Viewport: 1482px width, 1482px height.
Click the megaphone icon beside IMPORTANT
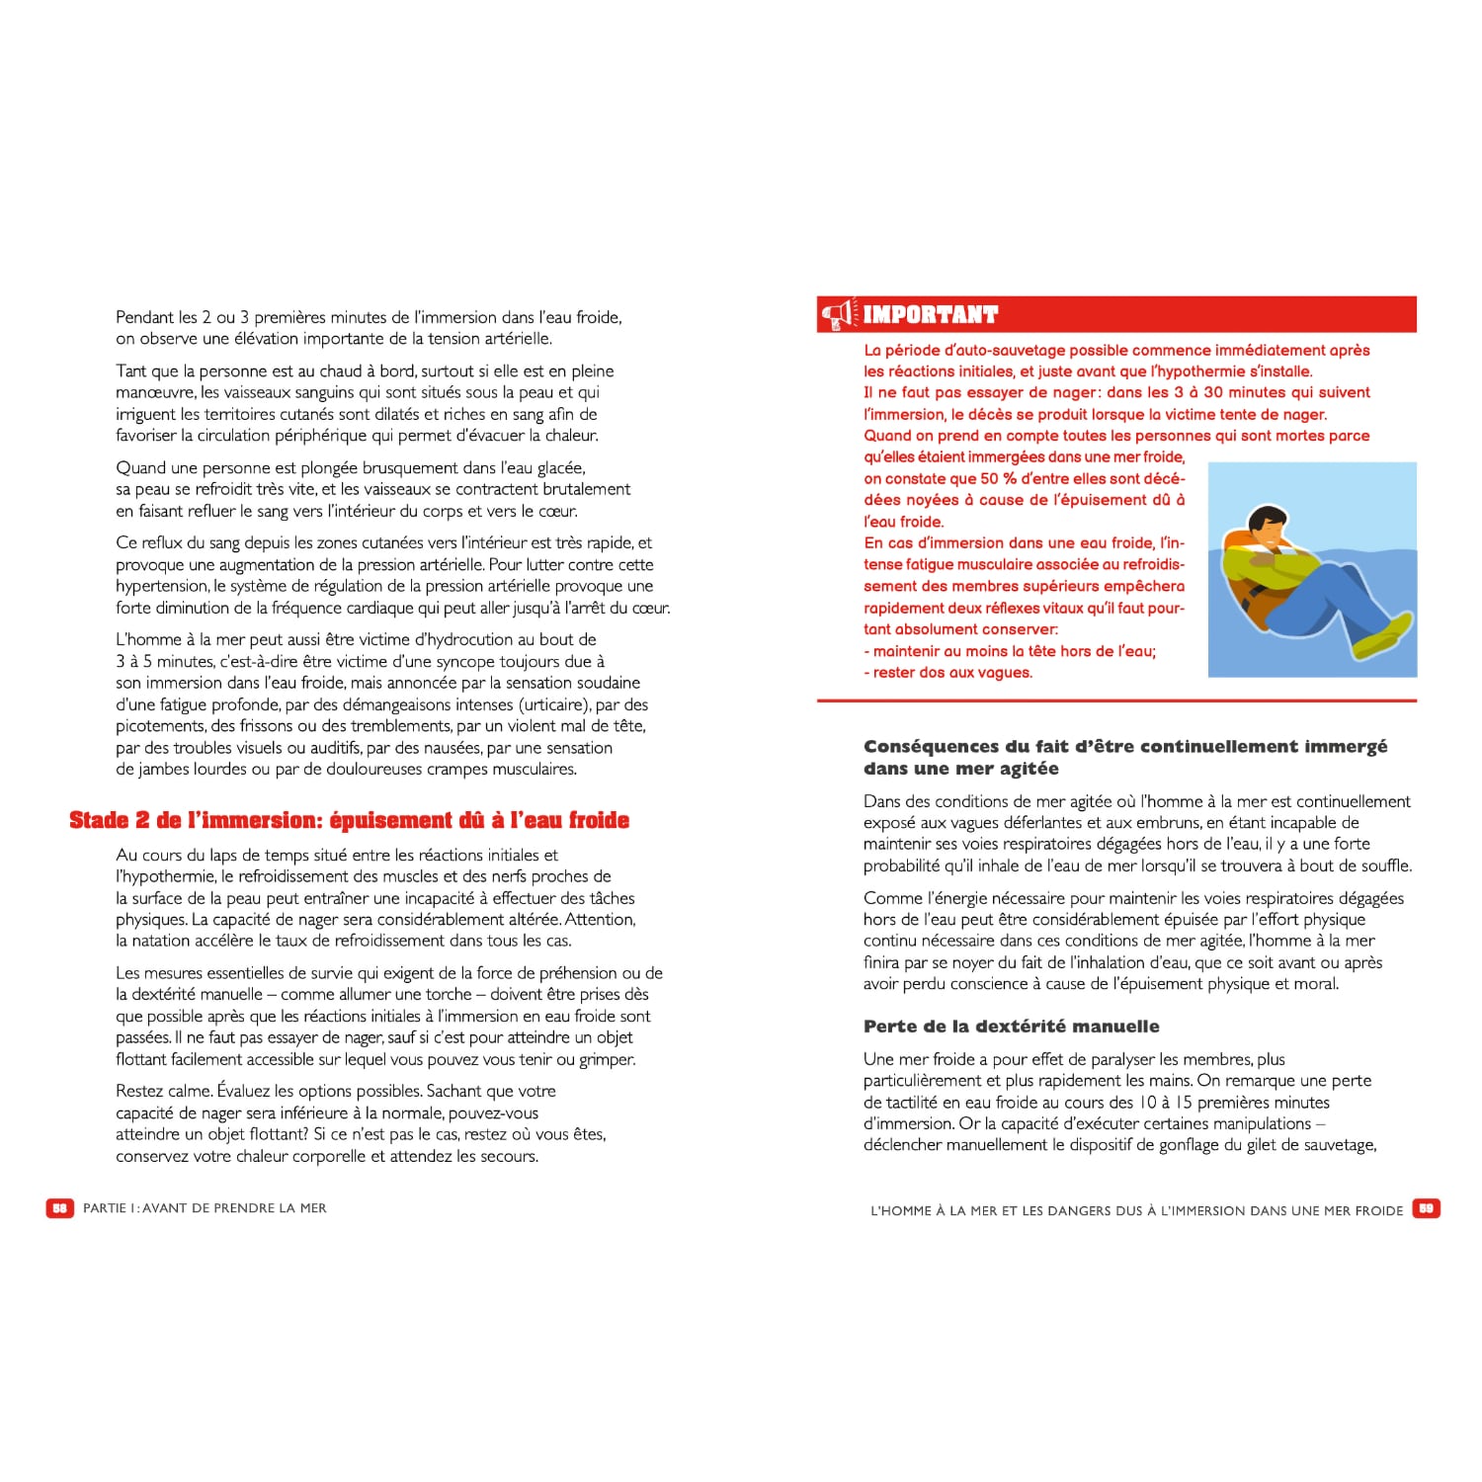click(836, 315)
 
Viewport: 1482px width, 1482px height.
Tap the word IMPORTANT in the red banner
click(931, 315)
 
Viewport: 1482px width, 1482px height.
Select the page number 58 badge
click(59, 1208)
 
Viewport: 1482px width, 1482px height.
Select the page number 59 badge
click(1427, 1208)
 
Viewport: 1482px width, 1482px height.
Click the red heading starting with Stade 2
click(349, 821)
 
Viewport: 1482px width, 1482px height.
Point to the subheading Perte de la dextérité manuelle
click(1011, 1027)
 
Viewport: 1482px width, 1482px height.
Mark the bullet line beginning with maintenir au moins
click(1010, 651)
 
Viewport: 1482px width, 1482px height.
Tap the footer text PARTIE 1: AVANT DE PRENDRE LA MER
click(205, 1208)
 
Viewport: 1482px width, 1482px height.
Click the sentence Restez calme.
click(164, 1092)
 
